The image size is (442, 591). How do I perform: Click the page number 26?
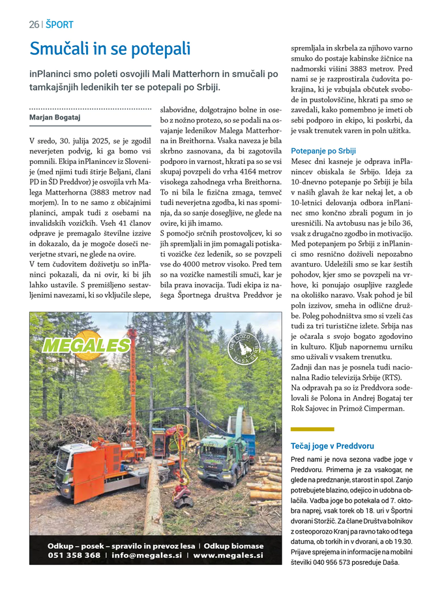pos(34,25)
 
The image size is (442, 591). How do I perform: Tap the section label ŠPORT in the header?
pos(59,25)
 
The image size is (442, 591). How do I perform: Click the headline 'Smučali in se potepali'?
pos(110,48)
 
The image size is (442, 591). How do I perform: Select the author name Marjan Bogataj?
pos(55,117)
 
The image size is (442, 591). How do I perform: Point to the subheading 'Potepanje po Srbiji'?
pos(323,150)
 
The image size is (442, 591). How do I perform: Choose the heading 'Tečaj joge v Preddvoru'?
pos(332,446)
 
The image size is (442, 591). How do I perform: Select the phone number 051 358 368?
pos(74,556)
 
